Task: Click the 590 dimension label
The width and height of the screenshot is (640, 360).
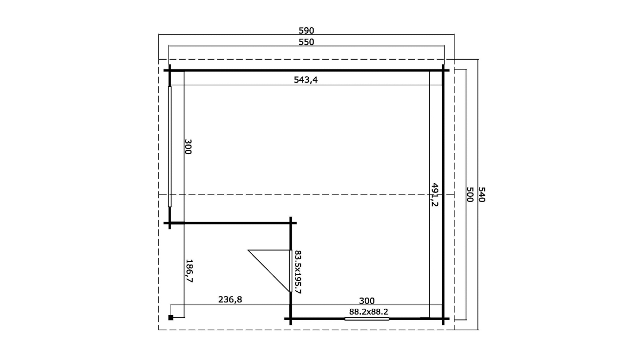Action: click(306, 30)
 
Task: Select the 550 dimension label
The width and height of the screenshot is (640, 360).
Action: click(306, 42)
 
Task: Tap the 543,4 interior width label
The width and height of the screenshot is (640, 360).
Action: click(306, 79)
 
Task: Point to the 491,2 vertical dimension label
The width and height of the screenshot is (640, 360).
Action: click(434, 195)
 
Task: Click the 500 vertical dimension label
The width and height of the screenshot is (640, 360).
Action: click(470, 195)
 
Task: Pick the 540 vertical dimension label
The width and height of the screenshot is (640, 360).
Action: click(482, 195)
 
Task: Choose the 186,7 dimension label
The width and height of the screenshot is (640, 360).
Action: click(189, 271)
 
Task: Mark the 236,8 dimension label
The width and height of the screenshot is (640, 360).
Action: click(230, 299)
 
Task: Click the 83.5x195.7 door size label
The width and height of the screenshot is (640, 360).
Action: click(298, 272)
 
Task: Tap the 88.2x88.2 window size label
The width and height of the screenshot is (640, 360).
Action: click(369, 311)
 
